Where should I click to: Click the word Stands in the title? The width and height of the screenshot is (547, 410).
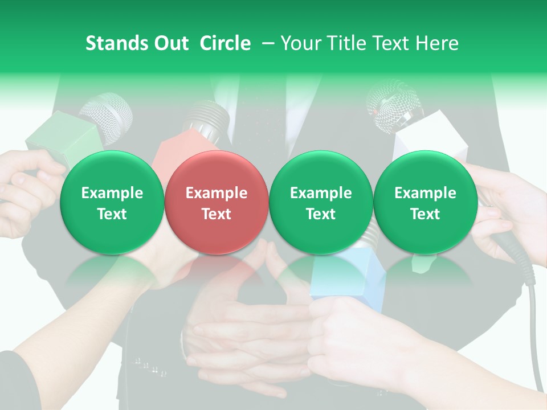[x=112, y=44]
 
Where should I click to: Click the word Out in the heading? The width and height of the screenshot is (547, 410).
[x=169, y=44]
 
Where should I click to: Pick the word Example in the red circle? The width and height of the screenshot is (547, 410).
[x=216, y=193]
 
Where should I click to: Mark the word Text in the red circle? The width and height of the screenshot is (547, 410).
[x=216, y=214]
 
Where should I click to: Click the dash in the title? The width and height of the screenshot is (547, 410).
[x=268, y=44]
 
